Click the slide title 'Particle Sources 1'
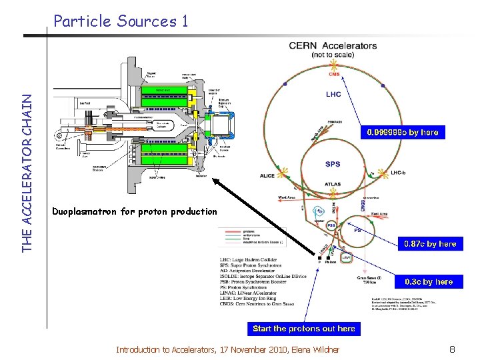point(121,21)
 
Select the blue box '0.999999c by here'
point(402,132)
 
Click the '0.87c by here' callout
point(430,243)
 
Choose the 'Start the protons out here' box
point(303,328)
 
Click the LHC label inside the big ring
point(333,94)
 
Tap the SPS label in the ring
point(333,164)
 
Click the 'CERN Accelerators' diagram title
point(333,45)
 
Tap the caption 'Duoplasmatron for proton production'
point(135,211)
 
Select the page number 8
point(451,349)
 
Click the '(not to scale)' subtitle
point(333,55)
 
